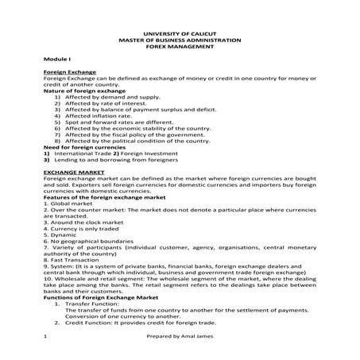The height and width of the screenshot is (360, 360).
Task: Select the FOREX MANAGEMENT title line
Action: (x=180, y=47)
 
